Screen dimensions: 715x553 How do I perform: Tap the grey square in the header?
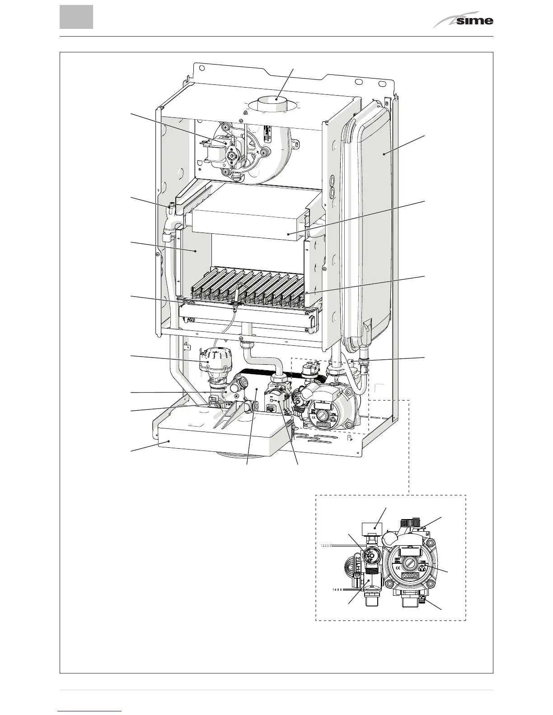click(76, 17)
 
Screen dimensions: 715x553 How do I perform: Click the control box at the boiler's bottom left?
click(217, 433)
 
